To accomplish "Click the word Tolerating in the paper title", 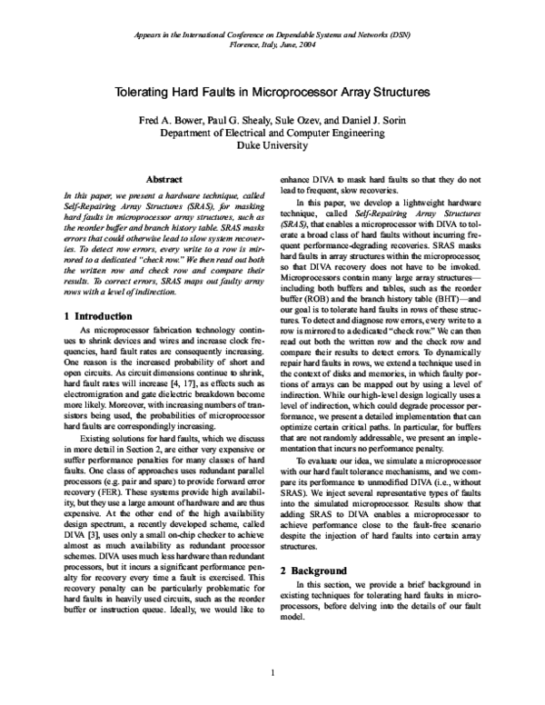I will (x=143, y=93).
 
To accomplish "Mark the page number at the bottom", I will (x=272, y=673).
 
